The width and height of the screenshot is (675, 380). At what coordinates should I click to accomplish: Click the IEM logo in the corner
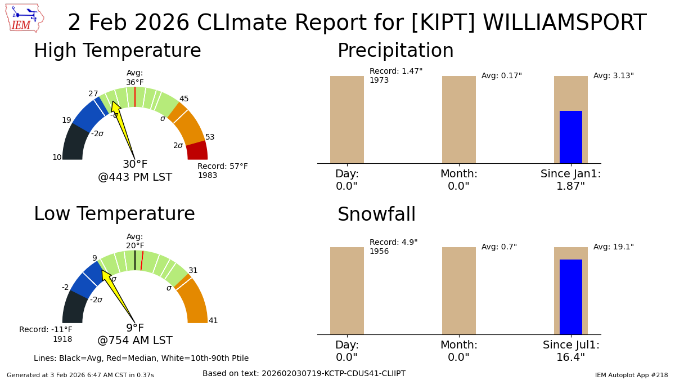point(24,18)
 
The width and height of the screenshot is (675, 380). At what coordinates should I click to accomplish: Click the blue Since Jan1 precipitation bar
point(570,137)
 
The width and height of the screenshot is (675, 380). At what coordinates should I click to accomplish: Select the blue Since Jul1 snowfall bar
point(570,297)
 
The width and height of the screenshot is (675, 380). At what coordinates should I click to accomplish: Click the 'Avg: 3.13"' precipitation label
point(613,76)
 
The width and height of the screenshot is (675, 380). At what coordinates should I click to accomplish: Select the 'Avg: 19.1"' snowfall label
point(613,247)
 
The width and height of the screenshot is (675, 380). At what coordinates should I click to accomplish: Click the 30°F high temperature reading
point(135,164)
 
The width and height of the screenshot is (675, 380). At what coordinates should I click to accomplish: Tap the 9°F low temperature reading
point(135,328)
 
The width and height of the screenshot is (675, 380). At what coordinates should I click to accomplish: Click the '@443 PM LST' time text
point(135,177)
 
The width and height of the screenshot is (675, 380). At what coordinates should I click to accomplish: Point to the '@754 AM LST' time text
point(135,341)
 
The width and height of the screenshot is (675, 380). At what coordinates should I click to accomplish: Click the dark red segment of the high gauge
point(197,151)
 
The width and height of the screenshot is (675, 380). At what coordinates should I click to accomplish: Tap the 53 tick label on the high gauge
point(210,137)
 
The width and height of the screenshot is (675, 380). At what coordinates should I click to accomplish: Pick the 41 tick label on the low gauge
point(213,321)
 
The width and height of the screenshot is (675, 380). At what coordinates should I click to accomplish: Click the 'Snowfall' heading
point(376,215)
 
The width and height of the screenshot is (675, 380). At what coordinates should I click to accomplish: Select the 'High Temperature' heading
point(117,51)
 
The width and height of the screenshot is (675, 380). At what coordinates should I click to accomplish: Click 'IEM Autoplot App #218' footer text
point(631,375)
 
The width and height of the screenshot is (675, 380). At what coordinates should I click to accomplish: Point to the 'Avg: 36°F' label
point(135,78)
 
